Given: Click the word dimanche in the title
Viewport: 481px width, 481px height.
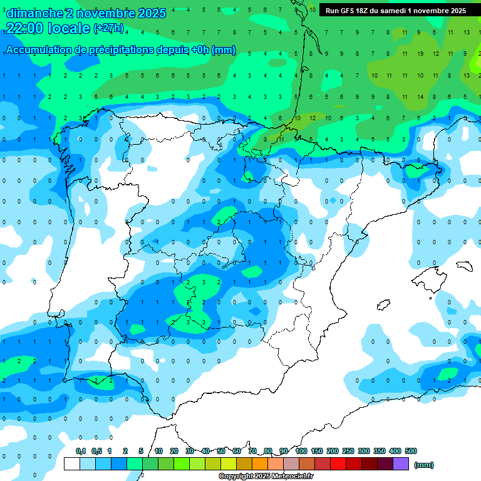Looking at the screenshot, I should click(34, 13).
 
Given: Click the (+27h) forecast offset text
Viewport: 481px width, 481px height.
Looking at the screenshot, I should click(108, 28).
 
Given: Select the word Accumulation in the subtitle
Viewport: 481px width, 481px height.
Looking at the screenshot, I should click(39, 50).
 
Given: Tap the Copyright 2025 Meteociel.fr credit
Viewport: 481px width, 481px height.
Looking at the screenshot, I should click(266, 477).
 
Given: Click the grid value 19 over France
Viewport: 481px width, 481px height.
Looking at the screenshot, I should click(420, 54).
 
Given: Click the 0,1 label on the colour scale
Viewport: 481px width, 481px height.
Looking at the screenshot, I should click(80, 451).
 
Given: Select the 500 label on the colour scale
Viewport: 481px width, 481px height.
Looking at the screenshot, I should click(411, 451).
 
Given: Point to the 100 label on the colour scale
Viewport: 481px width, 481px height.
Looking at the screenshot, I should click(301, 451).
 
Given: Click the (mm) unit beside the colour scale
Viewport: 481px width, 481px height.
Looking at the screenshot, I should click(424, 465).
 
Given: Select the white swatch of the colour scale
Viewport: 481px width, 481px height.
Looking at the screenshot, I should click(72, 464).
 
